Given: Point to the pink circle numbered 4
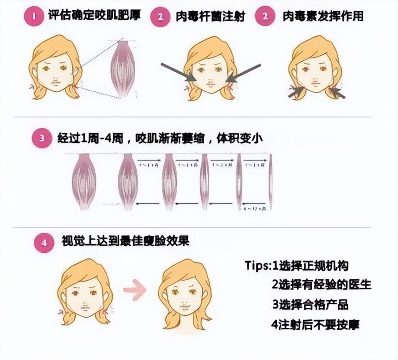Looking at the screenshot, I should pyautogui.click(x=44, y=243).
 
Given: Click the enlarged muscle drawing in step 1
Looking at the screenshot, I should pyautogui.click(x=122, y=68).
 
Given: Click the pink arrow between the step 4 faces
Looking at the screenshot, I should pyautogui.click(x=135, y=290).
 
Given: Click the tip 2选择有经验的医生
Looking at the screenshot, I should pyautogui.click(x=321, y=284).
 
